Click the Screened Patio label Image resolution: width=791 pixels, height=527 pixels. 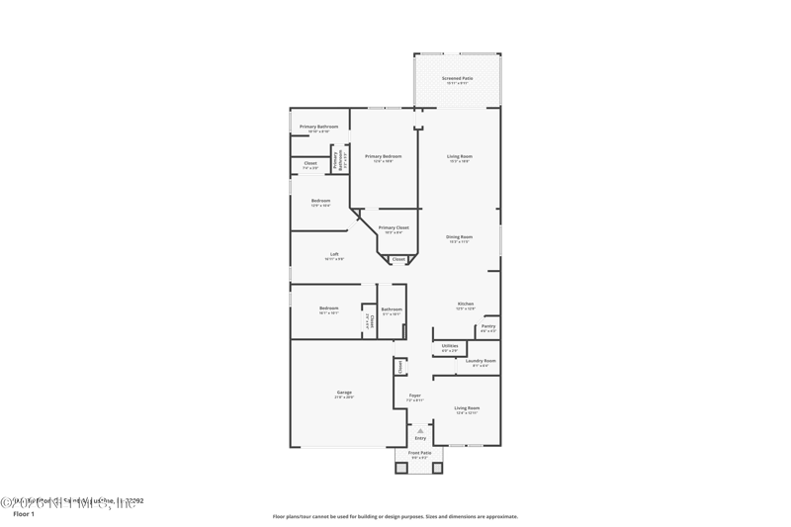457,79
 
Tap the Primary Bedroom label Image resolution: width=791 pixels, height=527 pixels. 384,157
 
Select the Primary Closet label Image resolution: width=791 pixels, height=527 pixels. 394,228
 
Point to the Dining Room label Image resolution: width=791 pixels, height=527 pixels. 459,237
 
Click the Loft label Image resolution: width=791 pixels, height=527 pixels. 334,255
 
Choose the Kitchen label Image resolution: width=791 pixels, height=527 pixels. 465,305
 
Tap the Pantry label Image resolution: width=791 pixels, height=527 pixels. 487,326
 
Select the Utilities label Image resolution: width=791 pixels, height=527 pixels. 449,347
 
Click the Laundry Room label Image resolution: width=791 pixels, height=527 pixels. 481,362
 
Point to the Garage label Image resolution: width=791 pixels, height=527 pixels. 344,394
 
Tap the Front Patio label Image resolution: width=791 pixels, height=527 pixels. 419,454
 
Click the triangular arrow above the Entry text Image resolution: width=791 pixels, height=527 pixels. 420,431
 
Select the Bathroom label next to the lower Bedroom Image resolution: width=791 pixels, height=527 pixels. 392,309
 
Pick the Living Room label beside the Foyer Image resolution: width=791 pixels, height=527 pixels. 466,408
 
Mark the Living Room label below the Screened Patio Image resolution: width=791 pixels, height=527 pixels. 460,157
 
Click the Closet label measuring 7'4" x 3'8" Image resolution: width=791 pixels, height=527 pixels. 310,164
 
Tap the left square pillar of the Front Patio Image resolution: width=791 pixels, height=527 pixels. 401,468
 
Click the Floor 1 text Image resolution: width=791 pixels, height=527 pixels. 24,514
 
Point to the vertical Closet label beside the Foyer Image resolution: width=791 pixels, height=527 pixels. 400,366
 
